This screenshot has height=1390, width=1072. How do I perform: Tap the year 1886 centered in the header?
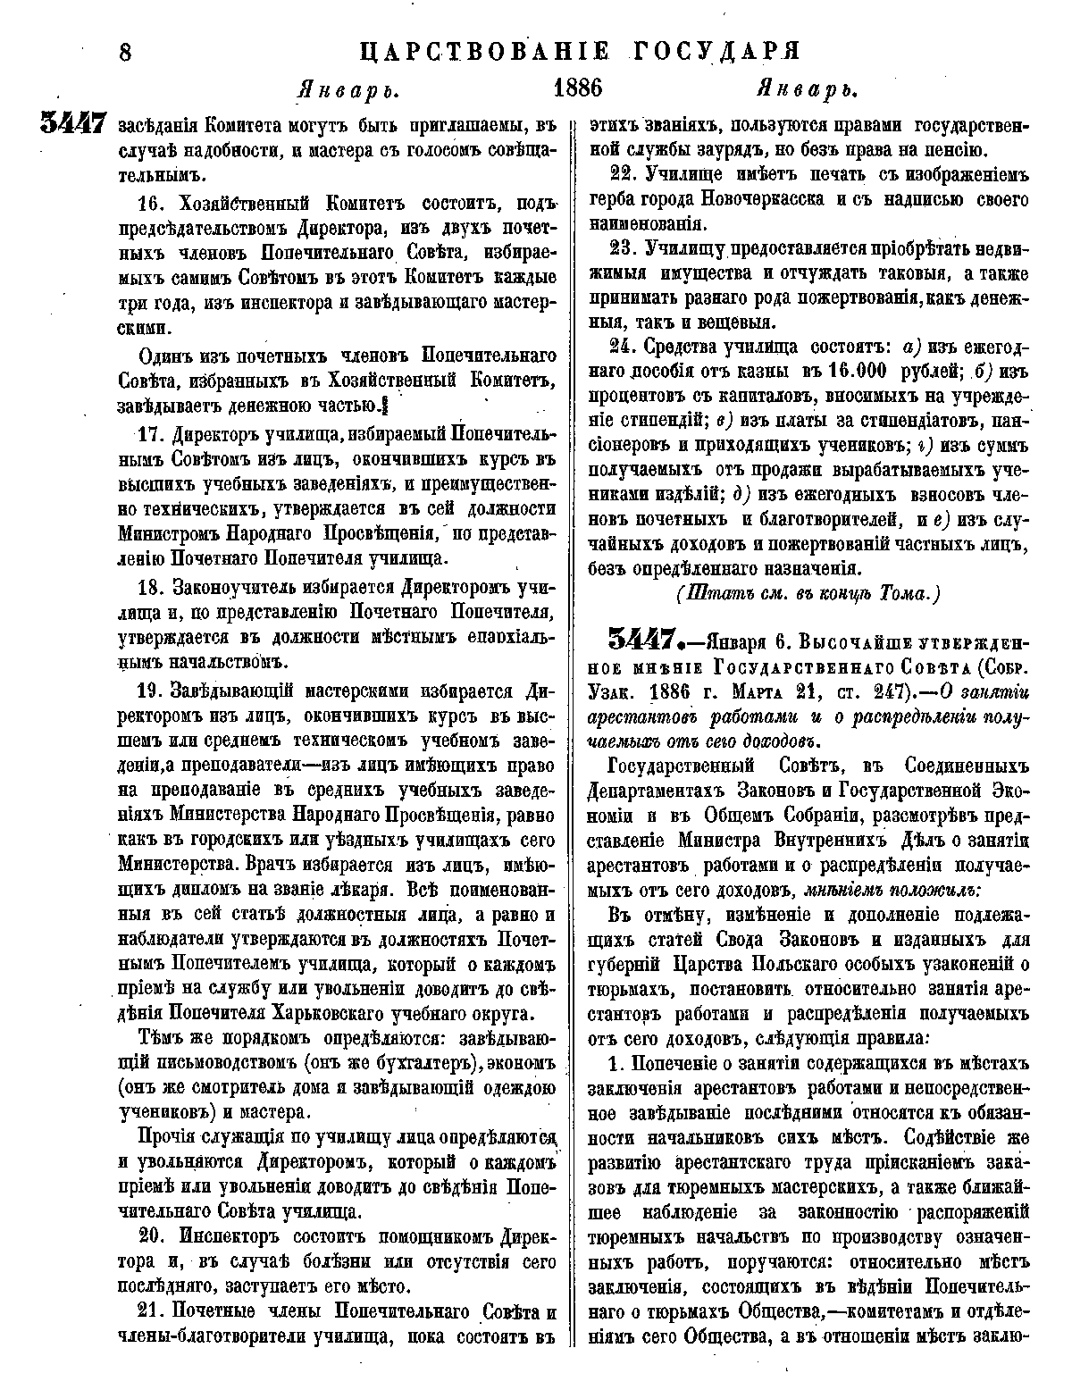pyautogui.click(x=579, y=88)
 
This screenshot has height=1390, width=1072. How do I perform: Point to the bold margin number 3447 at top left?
pyautogui.click(x=74, y=124)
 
